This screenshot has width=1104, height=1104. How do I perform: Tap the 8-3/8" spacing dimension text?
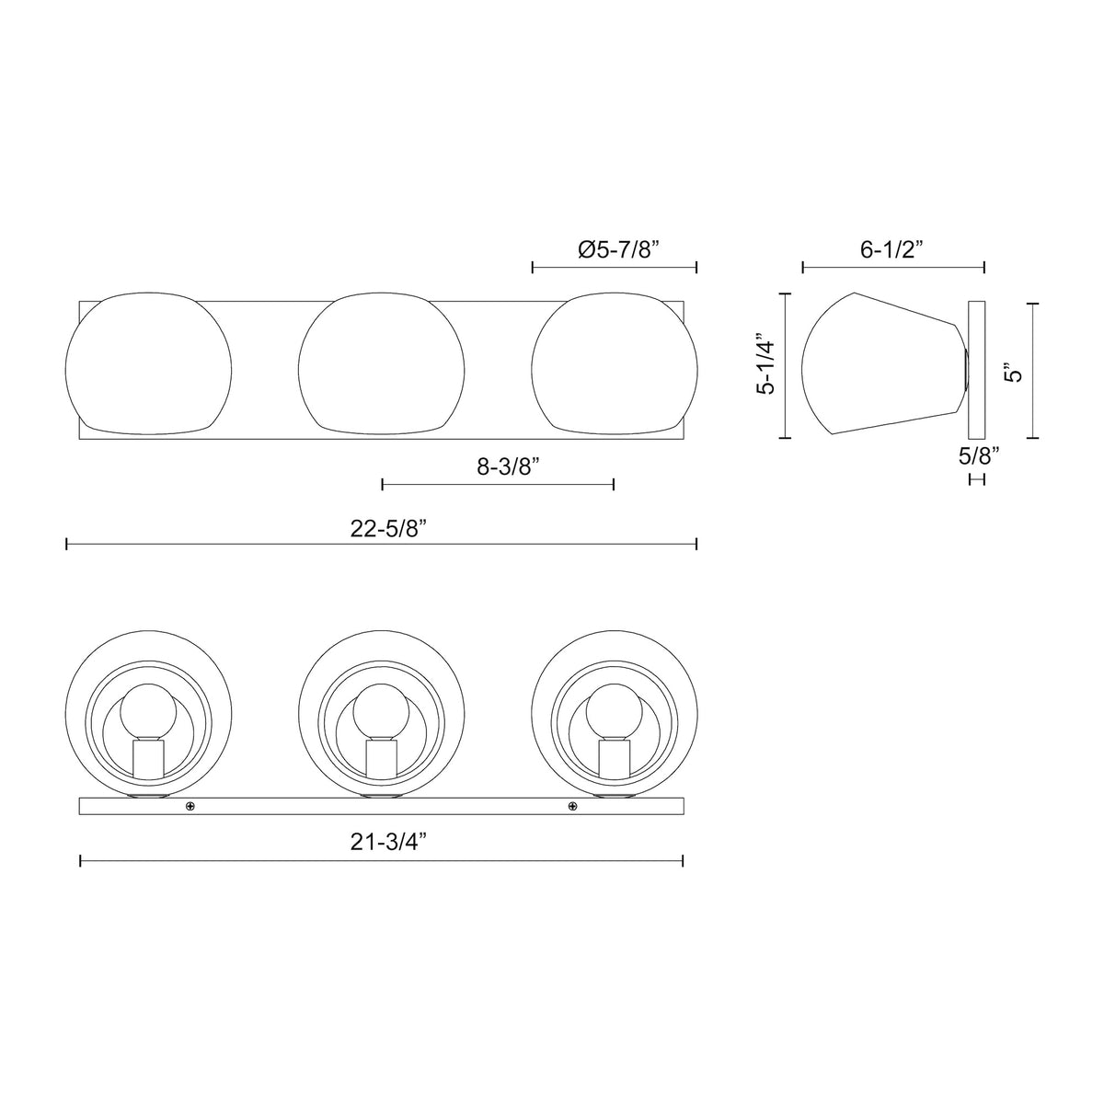(509, 467)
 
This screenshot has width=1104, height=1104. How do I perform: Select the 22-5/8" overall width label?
(389, 528)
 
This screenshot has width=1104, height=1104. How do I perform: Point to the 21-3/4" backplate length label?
(389, 842)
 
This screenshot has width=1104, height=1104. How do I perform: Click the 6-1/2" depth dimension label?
(892, 249)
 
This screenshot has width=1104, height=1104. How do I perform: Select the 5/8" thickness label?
(979, 455)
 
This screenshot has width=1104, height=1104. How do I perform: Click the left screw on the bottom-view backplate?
(190, 806)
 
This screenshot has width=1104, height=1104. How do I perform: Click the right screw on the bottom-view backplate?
(571, 806)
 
